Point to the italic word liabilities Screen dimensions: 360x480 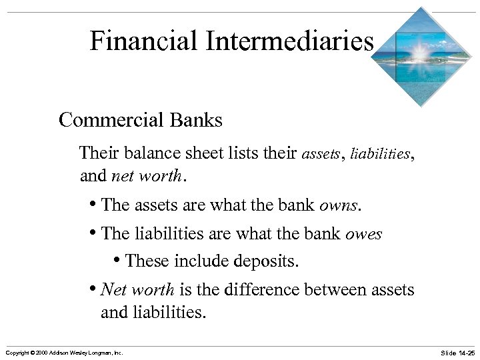click(x=377, y=155)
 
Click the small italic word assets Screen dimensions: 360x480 click(x=321, y=155)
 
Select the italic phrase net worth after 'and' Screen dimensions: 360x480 click(x=147, y=177)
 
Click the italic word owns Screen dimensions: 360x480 click(x=339, y=205)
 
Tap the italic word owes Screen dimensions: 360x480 click(x=363, y=234)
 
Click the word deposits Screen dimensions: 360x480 click(x=269, y=261)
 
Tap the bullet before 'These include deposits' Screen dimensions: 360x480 click(x=117, y=261)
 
